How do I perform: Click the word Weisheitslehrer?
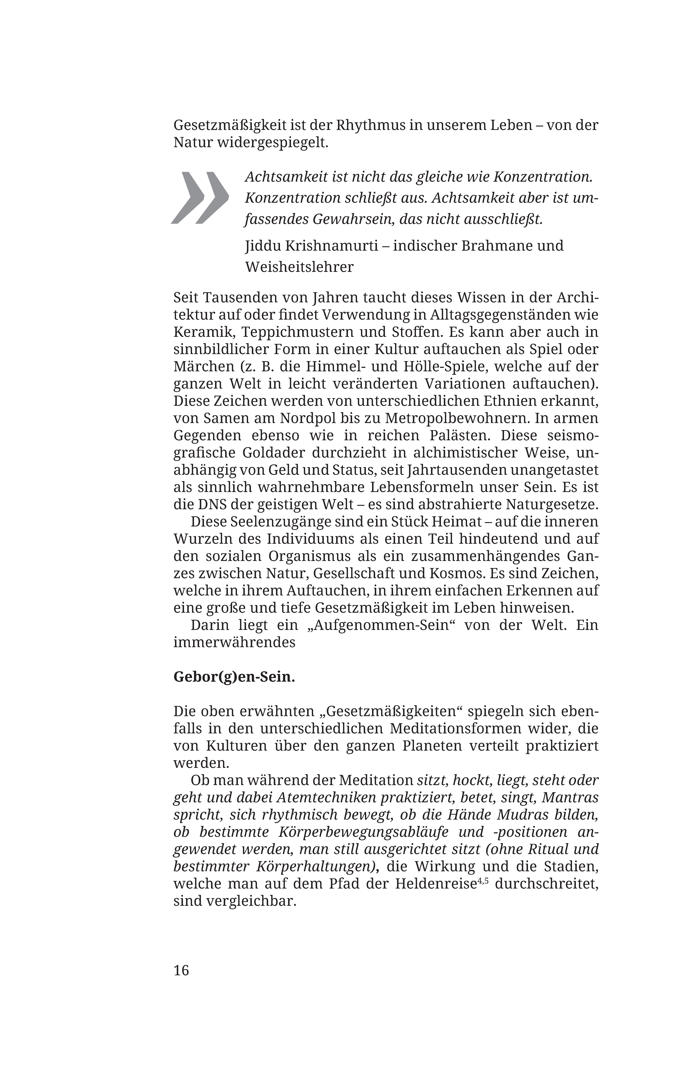pos(299,267)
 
